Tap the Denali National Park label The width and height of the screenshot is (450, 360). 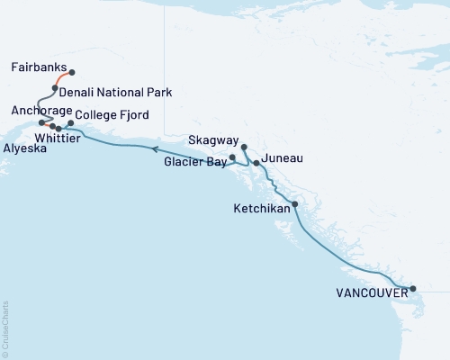(x=115, y=92)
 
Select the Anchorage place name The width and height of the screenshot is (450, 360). (x=37, y=110)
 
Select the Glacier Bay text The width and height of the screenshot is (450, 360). (x=195, y=163)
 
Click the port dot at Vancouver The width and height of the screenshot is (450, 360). (x=413, y=289)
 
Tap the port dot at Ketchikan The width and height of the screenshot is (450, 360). (x=295, y=204)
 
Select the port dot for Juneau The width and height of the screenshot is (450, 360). (x=256, y=163)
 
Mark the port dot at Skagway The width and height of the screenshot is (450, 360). (x=244, y=146)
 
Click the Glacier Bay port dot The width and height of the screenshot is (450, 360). (x=233, y=157)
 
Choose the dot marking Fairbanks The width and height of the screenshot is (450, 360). (x=72, y=72)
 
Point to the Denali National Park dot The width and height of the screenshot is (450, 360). (x=55, y=88)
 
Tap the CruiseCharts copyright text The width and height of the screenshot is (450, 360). (x=5, y=328)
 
